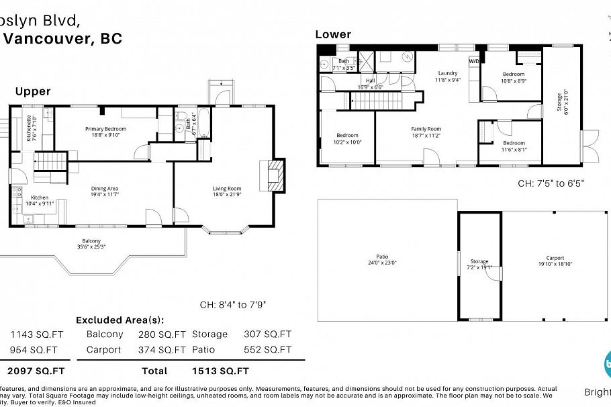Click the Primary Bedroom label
pos(105,132)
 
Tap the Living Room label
pos(227,191)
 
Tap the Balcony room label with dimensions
pos(91,244)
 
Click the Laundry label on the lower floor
pos(447,76)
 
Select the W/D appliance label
pos(474,61)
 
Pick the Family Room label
pos(426,132)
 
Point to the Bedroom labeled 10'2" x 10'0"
pos(347,138)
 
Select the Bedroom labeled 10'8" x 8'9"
pos(514,77)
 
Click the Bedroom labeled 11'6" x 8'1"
pos(514,146)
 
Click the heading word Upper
pos(32,91)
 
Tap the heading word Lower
pos(333,34)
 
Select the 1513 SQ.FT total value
pos(220,371)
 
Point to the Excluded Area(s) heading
pos(120,320)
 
